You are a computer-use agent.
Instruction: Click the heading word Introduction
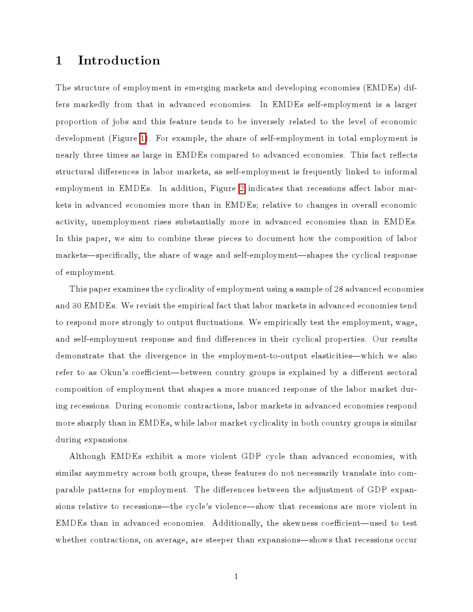tap(119, 60)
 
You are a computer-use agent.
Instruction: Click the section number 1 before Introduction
tap(59, 61)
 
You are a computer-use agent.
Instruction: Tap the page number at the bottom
tap(236, 577)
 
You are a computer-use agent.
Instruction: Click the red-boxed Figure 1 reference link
tap(143, 138)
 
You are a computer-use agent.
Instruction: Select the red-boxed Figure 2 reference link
tap(242, 188)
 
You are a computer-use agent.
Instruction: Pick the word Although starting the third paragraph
tap(87, 456)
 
